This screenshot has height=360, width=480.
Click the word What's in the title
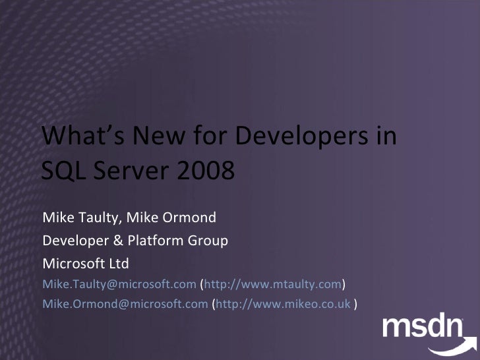[x=82, y=136]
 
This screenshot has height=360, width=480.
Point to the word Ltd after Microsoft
[x=119, y=264]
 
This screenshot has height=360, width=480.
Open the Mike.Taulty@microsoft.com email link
[x=119, y=284]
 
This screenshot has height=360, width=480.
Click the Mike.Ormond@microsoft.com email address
[x=125, y=304]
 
